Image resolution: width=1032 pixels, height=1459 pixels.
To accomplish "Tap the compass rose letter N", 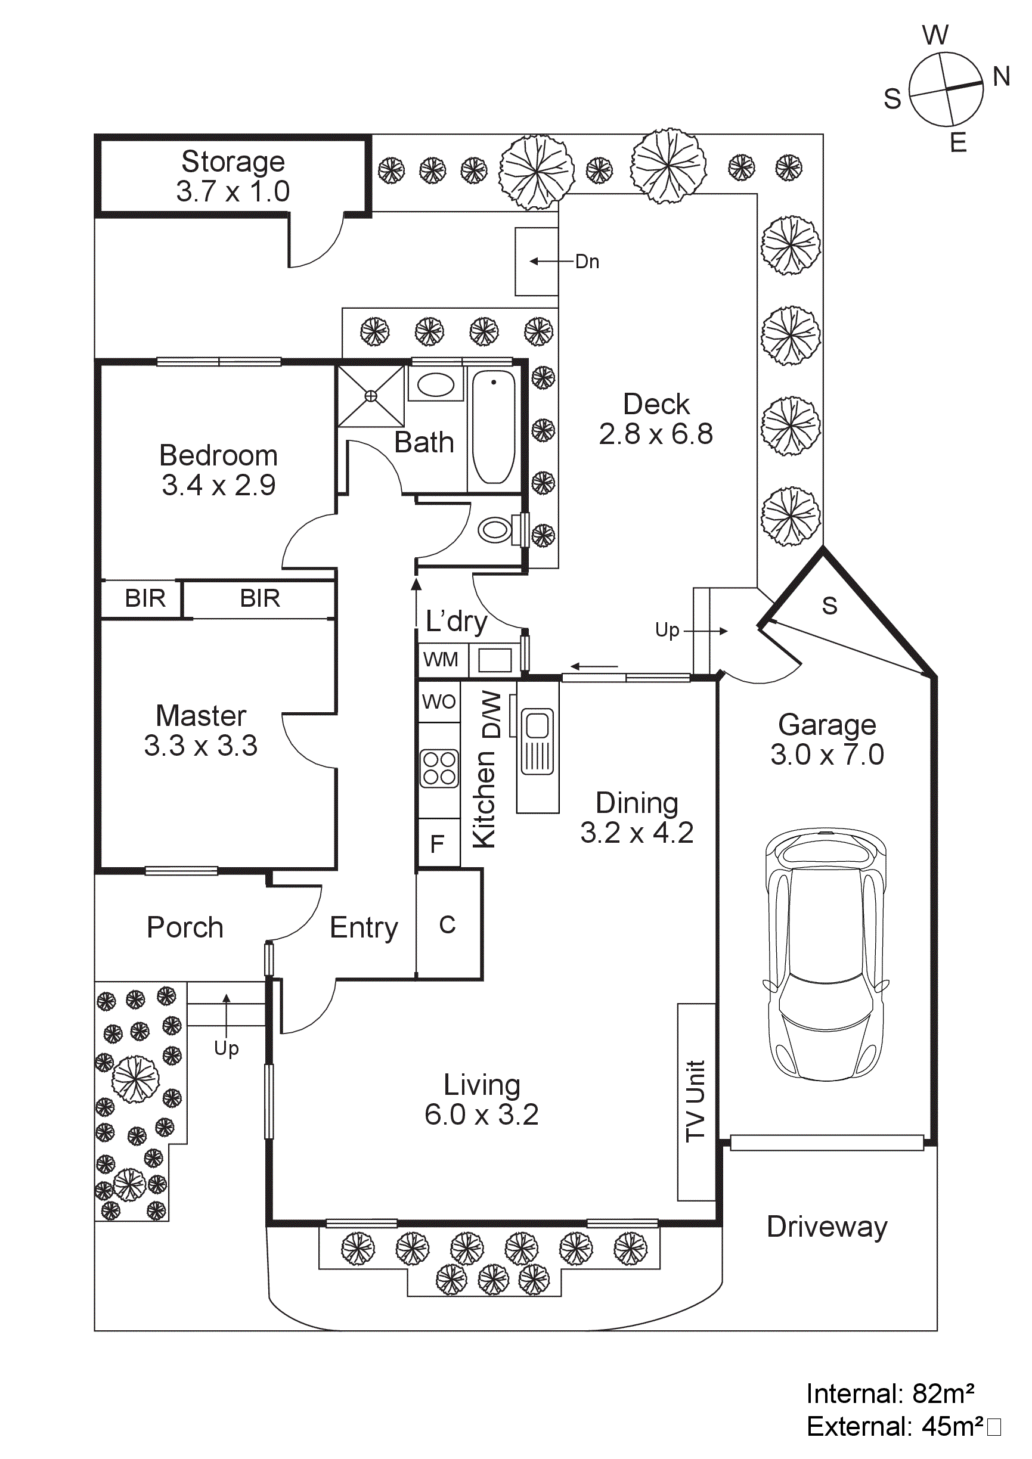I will click(1002, 76).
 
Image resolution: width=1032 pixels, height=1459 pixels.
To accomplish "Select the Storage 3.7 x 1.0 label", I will click(233, 176).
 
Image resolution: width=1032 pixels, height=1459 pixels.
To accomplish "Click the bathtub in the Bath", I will click(494, 426).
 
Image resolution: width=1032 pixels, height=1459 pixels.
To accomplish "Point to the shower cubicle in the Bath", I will click(370, 396).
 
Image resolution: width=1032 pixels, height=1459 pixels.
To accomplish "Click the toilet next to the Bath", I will click(496, 529).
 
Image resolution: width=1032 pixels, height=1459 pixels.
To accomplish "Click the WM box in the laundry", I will click(441, 660).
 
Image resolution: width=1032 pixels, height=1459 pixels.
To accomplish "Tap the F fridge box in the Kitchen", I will click(437, 844).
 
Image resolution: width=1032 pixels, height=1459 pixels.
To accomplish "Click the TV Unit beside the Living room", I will click(696, 1101).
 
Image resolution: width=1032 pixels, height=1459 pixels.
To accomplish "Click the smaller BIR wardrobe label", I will click(145, 598).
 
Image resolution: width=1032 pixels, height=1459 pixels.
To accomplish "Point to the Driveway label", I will click(826, 1227).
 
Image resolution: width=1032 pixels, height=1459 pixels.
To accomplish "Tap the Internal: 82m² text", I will click(890, 1393).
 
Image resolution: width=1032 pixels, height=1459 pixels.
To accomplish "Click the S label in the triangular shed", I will click(829, 606).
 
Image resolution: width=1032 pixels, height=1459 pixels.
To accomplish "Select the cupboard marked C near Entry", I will click(447, 924).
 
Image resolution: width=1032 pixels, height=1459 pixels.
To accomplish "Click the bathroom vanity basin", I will click(436, 384).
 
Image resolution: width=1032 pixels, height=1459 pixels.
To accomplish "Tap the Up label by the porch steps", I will click(226, 1047).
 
